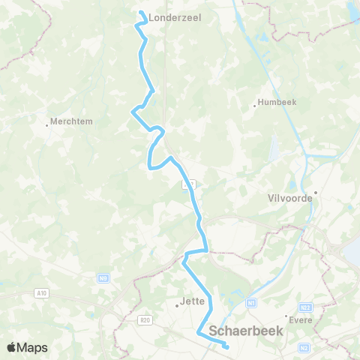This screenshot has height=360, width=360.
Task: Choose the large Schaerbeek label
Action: [x=245, y=331]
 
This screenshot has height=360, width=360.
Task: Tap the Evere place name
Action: [x=301, y=319]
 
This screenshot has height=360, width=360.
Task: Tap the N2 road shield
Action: [x=304, y=348]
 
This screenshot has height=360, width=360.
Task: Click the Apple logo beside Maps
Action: [x=12, y=347]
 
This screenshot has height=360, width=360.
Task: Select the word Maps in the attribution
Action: [x=33, y=347]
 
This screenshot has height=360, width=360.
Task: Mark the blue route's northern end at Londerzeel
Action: [x=141, y=12]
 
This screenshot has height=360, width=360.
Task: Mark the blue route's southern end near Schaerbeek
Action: [x=226, y=346]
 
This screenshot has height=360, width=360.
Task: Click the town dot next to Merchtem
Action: [x=48, y=125]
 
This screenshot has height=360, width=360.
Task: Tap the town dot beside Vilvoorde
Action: [x=316, y=192]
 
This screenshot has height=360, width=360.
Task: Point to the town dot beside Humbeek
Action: [x=255, y=106]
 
